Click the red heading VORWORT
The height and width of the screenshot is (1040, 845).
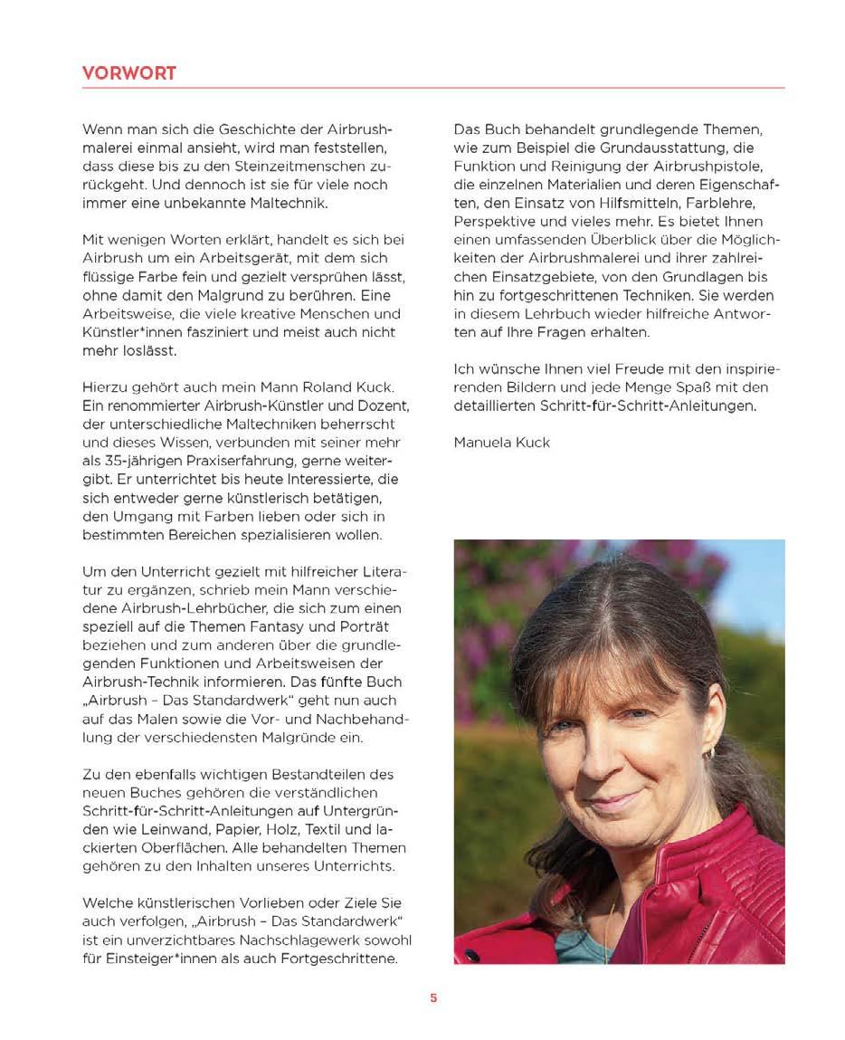129,73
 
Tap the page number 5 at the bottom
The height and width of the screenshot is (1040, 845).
433,998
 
